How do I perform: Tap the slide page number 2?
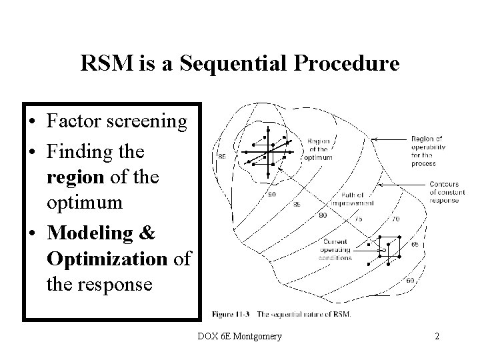pos(437,336)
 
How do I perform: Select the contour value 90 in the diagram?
pos(271,195)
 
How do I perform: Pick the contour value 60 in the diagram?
pos(409,281)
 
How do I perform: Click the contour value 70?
pos(395,219)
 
